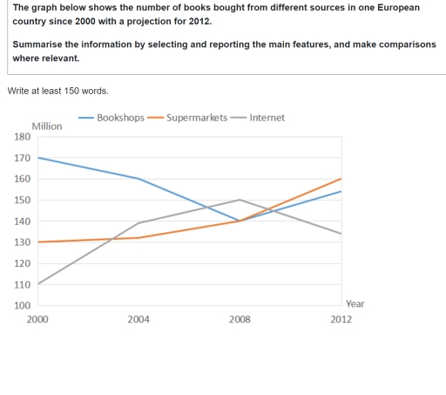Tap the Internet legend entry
[x=267, y=118]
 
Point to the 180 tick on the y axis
[x=22, y=137]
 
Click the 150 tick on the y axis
[x=22, y=201]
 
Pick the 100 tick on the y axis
[x=22, y=305]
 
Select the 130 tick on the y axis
[x=22, y=242]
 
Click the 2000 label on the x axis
[x=37, y=320]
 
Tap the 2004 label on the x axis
[x=139, y=320]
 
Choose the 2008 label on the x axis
[x=240, y=320]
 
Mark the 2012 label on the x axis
[x=341, y=320]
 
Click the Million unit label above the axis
[x=47, y=126]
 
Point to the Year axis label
[x=355, y=303]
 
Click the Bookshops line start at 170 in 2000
[x=38, y=158]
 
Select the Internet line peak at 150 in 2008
[x=240, y=200]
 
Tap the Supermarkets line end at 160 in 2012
[x=341, y=179]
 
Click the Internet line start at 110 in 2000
[x=38, y=284]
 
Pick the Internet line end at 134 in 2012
[x=341, y=234]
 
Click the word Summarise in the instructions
[x=42, y=44]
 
